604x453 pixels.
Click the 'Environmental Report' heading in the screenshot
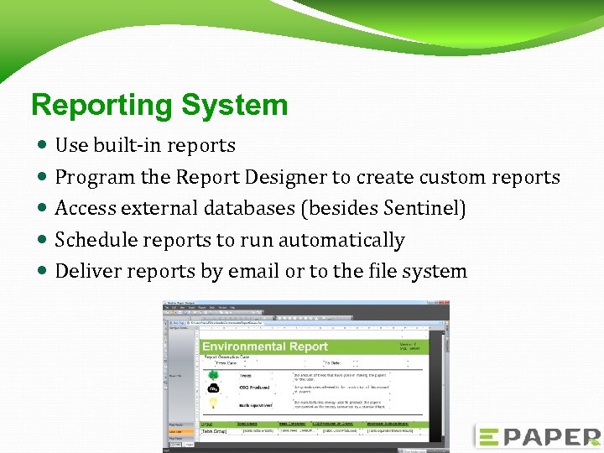(x=265, y=346)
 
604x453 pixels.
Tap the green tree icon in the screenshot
(x=214, y=374)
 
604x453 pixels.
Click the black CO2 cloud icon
(x=214, y=388)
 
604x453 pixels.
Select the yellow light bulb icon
(x=214, y=404)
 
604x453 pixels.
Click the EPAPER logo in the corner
(x=537, y=436)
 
